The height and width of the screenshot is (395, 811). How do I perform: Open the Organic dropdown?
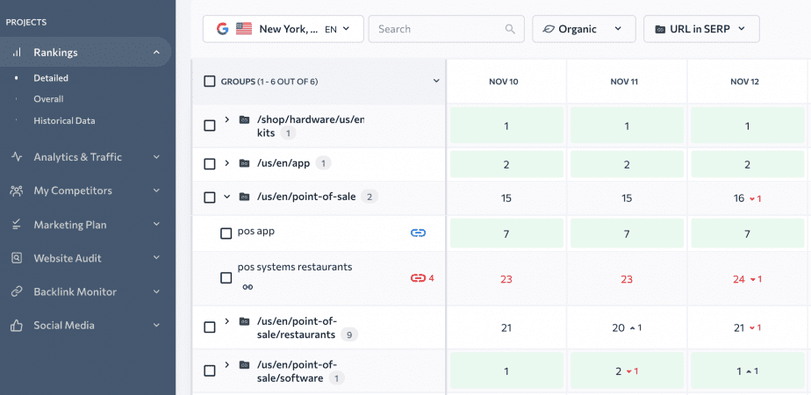click(583, 29)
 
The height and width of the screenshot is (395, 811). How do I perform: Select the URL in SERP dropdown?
click(700, 29)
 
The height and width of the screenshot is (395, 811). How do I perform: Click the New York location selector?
click(283, 29)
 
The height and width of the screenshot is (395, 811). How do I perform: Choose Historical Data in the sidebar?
click(64, 120)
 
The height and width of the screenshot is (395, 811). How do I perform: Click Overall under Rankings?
click(48, 99)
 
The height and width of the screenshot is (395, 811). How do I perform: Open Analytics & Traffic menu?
click(77, 157)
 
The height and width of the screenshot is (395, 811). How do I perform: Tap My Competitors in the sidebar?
click(73, 190)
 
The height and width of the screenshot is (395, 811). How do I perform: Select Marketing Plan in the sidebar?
click(70, 225)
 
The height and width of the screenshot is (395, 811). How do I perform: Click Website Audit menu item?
click(68, 258)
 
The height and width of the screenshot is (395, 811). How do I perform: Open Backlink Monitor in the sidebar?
click(75, 291)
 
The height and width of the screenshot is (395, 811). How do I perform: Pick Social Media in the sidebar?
click(64, 325)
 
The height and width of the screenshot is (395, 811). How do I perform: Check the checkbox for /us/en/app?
click(210, 164)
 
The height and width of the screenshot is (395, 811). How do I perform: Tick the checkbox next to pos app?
click(226, 233)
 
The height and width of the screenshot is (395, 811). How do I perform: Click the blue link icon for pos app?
click(418, 233)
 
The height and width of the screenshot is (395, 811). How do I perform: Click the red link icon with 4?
click(419, 278)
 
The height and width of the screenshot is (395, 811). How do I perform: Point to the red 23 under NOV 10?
click(506, 279)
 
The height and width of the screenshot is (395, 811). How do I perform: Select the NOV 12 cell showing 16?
click(745, 198)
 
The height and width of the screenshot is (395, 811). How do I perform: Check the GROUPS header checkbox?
click(210, 82)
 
